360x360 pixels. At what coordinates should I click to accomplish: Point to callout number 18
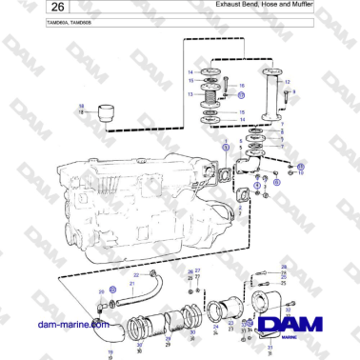tap(80, 106)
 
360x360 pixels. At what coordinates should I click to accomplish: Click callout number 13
tap(190, 94)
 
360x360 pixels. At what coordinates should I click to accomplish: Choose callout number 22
tap(134, 274)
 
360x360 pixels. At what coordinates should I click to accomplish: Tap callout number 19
tap(110, 352)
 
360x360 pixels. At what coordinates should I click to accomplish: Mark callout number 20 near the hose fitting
tap(102, 291)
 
